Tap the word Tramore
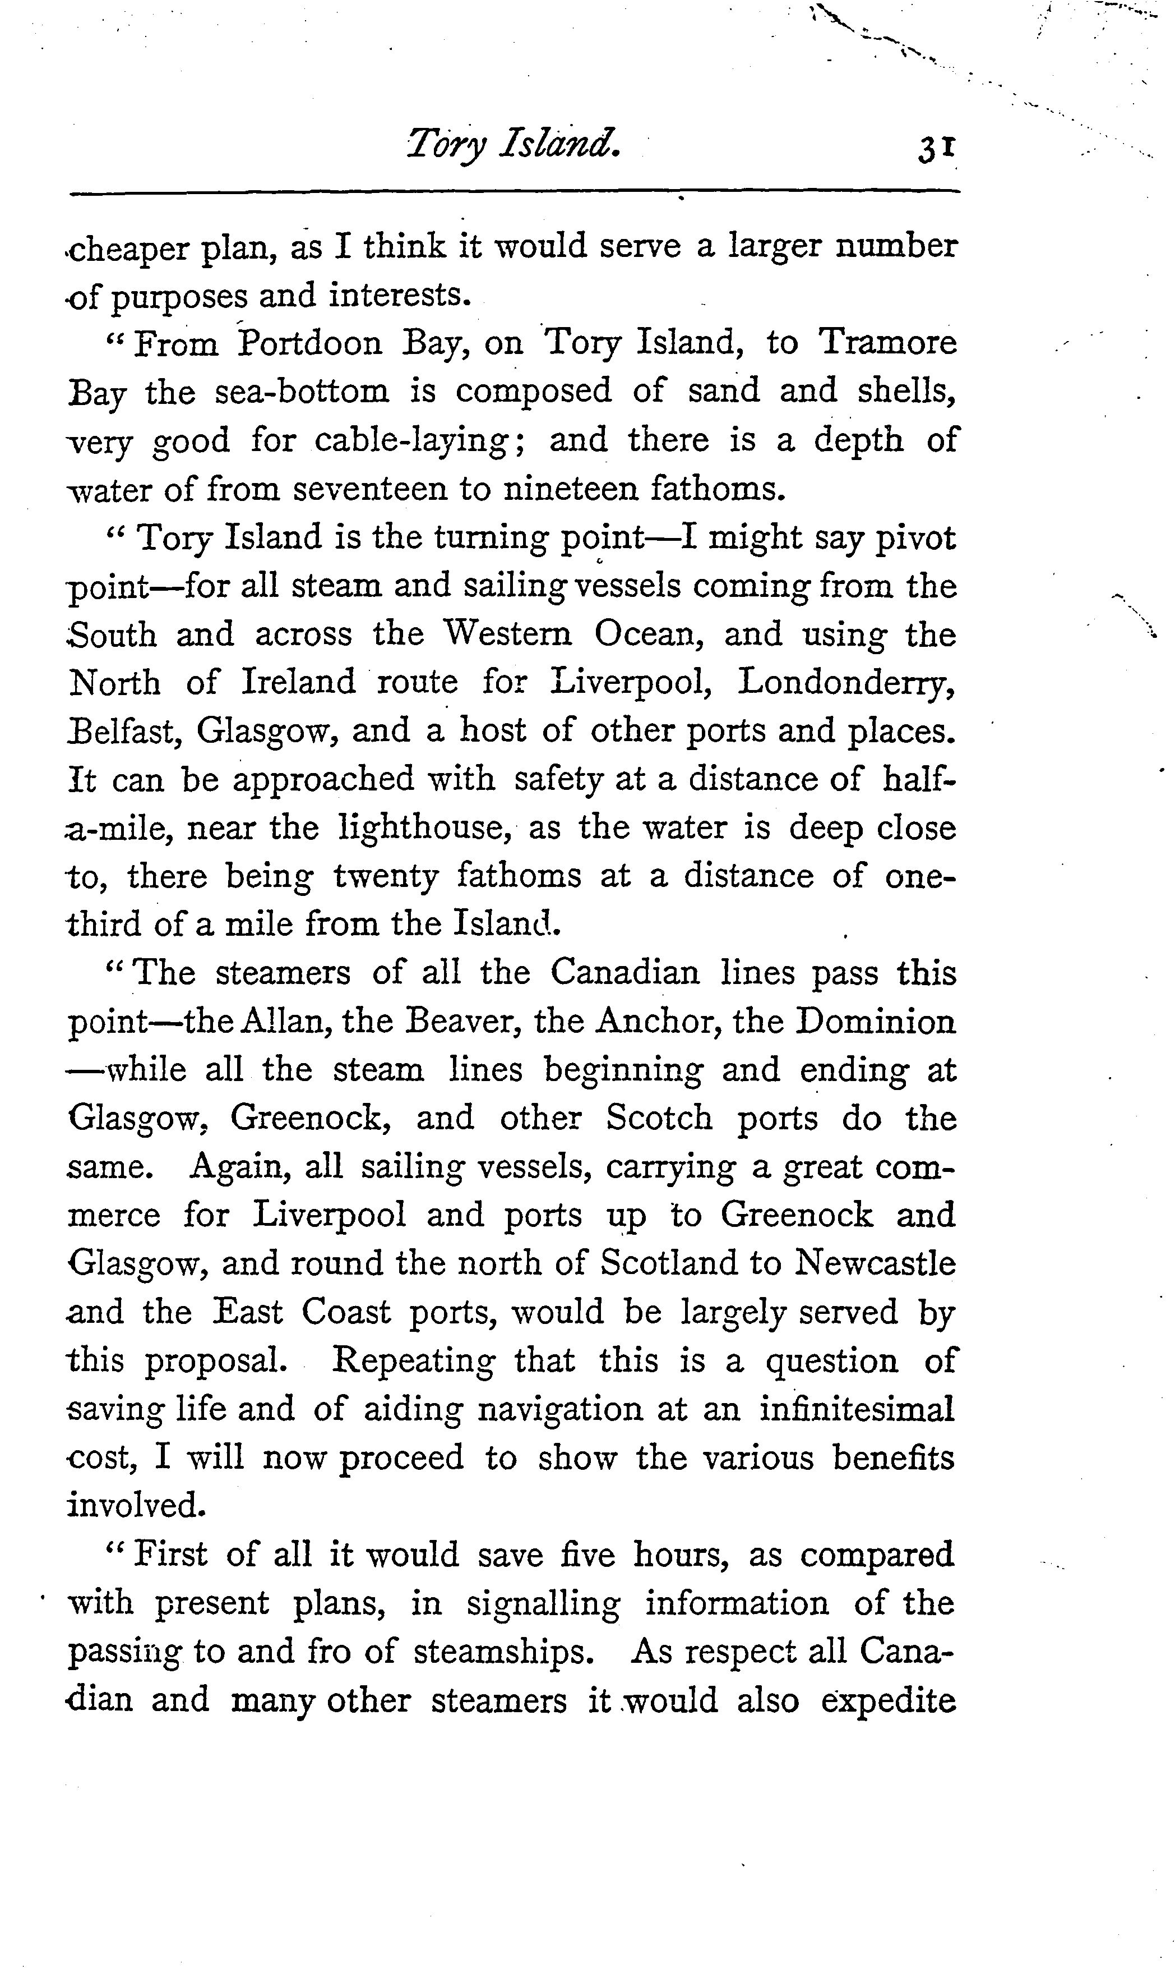tap(887, 342)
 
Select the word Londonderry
tap(845, 683)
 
